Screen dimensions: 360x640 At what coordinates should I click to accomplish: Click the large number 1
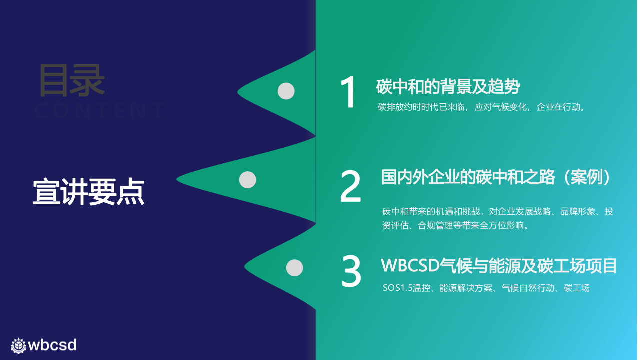pyautogui.click(x=348, y=92)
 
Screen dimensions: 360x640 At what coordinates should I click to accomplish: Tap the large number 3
pyautogui.click(x=351, y=271)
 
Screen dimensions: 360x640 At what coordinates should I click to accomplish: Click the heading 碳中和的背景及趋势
pyautogui.click(x=448, y=87)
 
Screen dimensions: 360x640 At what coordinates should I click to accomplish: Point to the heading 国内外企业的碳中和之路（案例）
pyautogui.click(x=496, y=177)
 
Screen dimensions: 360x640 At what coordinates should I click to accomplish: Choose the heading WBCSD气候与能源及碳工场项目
pyautogui.click(x=499, y=266)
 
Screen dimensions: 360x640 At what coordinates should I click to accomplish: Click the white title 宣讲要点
pyautogui.click(x=89, y=192)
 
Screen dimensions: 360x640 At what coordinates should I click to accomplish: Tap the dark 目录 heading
pyautogui.click(x=72, y=81)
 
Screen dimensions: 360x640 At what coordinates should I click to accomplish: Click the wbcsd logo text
pyautogui.click(x=52, y=345)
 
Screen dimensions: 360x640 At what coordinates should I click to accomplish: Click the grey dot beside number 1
pyautogui.click(x=286, y=91)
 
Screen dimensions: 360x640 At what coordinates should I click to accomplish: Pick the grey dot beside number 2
pyautogui.click(x=247, y=180)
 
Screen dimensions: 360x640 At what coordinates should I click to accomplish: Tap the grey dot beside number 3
pyautogui.click(x=294, y=268)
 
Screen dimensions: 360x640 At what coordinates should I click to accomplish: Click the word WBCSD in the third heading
pyautogui.click(x=410, y=266)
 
